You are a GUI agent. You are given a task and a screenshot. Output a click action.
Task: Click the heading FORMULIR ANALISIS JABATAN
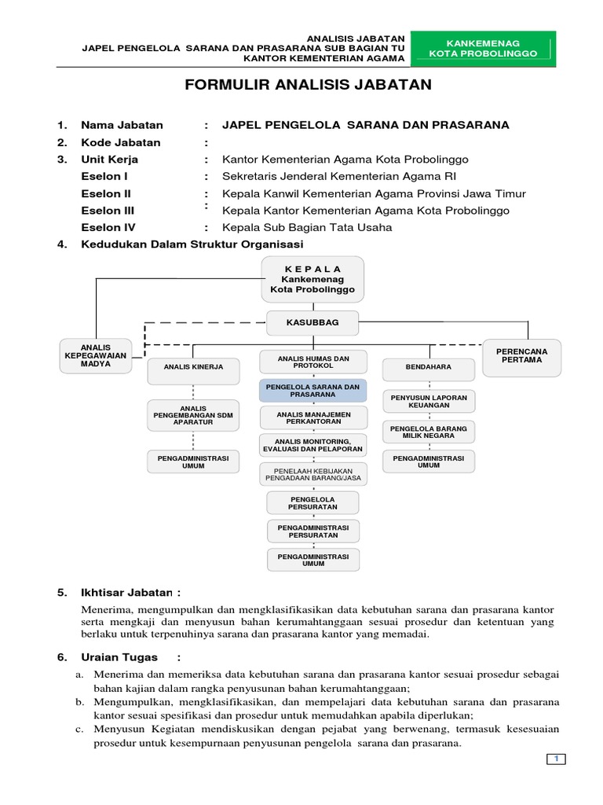[x=308, y=85]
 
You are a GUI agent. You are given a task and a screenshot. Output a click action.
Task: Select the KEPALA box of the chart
[x=312, y=278]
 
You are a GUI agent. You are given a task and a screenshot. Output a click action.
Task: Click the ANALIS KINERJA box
[x=193, y=367]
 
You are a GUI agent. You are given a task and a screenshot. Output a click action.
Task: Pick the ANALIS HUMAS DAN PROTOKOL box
[x=312, y=362]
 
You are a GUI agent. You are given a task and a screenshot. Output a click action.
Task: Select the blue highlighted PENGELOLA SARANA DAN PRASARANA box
[x=312, y=391]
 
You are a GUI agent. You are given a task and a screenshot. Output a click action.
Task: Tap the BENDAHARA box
[x=428, y=367]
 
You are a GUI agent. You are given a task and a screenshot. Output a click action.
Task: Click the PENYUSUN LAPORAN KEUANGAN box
[x=428, y=402]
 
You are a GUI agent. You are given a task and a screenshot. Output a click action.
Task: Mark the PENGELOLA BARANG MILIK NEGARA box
[x=428, y=432]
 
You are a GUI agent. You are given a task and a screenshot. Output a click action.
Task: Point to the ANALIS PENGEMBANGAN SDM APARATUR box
[x=193, y=414]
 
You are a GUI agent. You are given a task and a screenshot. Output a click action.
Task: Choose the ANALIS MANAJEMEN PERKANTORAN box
[x=312, y=417]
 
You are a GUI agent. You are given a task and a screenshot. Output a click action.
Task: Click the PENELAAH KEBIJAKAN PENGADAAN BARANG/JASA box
[x=312, y=472]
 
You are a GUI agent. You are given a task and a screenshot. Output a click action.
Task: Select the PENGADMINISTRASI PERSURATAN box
[x=312, y=531]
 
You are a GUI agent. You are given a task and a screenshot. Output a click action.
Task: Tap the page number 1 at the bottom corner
[x=556, y=759]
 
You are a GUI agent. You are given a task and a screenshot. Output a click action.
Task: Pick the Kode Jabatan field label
[x=120, y=142]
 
